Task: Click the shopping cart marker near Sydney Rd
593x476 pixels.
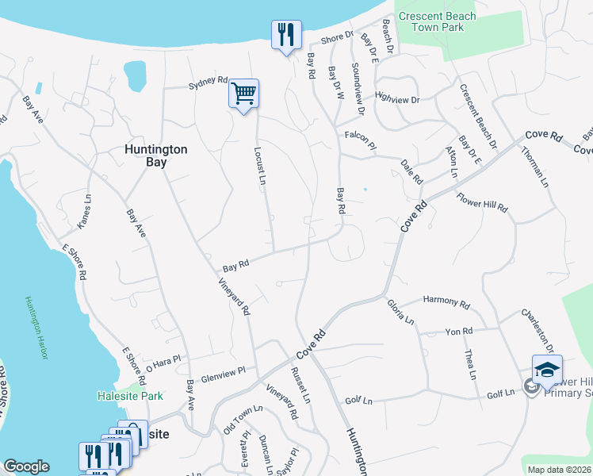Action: [x=243, y=94]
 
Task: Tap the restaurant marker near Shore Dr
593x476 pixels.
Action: [x=285, y=35]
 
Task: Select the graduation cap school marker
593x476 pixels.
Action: [x=546, y=370]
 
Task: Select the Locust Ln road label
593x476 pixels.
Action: [x=260, y=165]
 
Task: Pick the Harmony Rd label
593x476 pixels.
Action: [x=447, y=302]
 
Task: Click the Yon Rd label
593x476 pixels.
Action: [x=459, y=330]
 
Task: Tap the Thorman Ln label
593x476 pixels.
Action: [x=538, y=170]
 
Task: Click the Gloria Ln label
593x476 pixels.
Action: [x=400, y=313]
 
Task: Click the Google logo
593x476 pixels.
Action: [x=26, y=466]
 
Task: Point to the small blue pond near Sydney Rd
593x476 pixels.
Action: [x=136, y=75]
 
